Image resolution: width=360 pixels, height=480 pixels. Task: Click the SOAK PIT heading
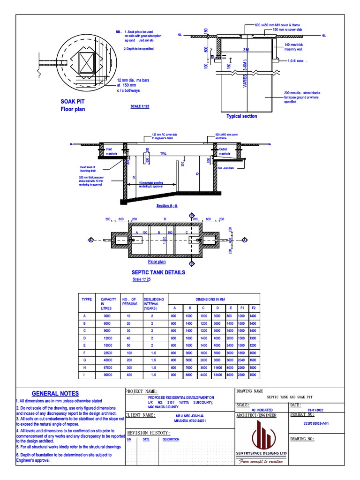click(73, 101)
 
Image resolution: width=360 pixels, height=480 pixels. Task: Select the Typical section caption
click(241, 116)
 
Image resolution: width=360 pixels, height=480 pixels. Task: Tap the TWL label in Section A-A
click(163, 153)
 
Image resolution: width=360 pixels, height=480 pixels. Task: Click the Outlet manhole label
click(225, 151)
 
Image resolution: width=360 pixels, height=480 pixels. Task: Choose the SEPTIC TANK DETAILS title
click(158, 272)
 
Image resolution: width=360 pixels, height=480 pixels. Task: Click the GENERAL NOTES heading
click(55, 394)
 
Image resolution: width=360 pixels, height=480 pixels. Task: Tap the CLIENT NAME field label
click(141, 415)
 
